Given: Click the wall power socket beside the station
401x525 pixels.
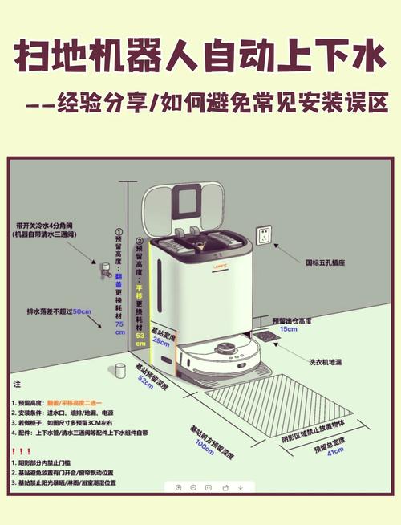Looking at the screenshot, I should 263,236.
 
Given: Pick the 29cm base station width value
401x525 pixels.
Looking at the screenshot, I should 161,341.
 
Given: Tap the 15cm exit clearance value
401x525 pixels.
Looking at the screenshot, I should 288,329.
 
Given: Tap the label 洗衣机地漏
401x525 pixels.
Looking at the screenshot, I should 328,363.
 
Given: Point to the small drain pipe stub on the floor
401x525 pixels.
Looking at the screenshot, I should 121,370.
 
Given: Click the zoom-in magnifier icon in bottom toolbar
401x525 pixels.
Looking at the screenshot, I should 178,487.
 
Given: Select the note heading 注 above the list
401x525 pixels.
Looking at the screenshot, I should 17,385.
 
